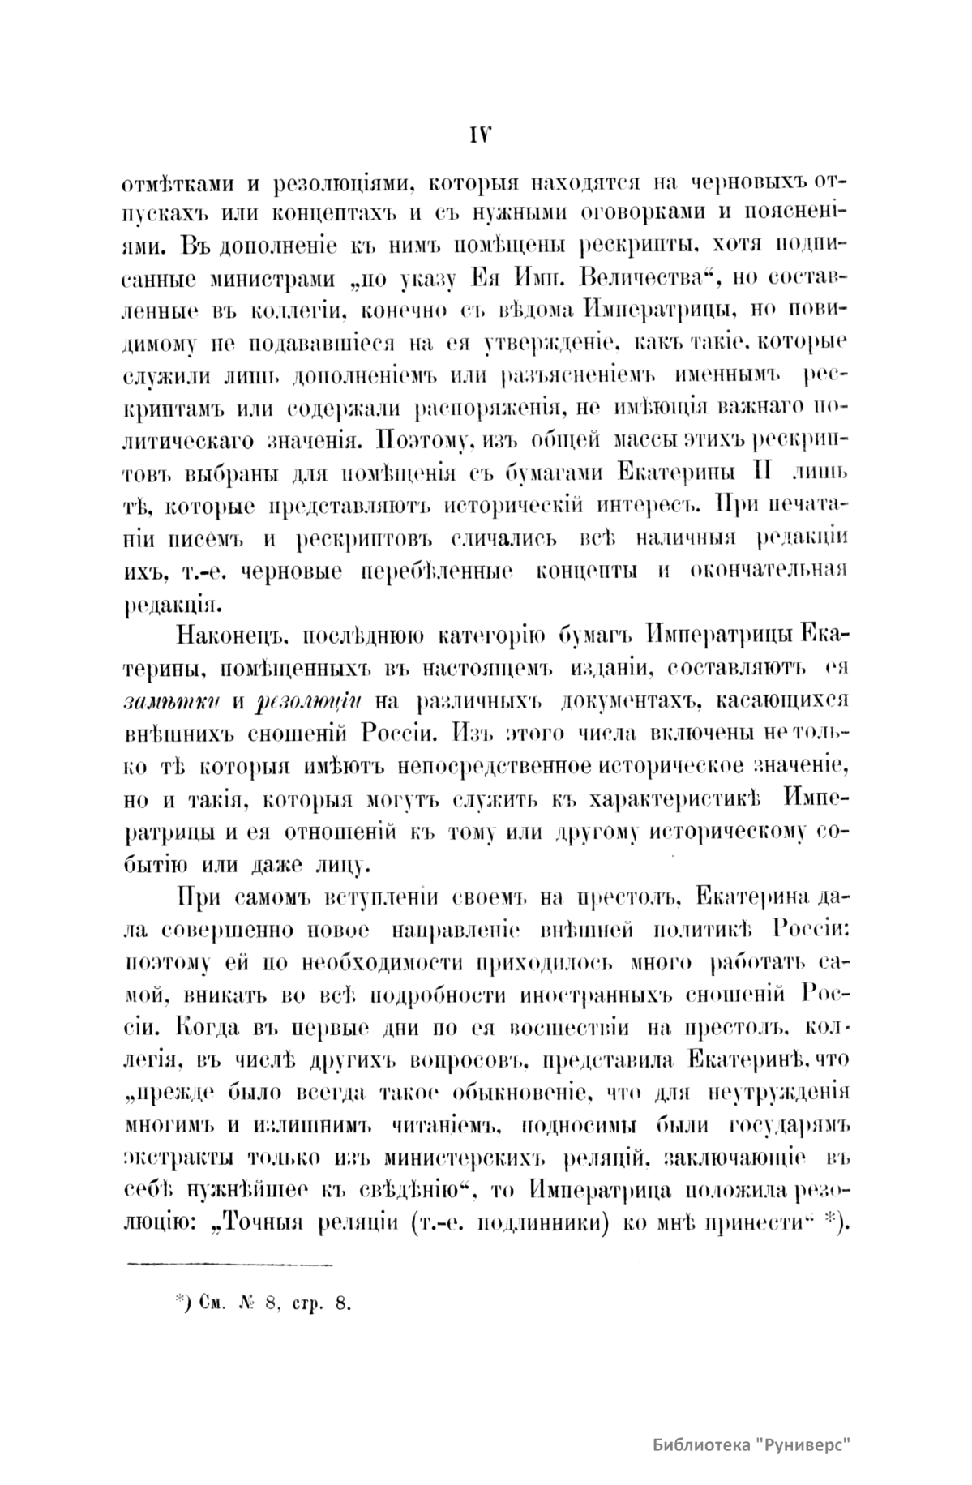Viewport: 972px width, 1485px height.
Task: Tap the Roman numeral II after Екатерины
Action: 760,470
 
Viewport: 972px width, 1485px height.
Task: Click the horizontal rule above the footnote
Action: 232,1263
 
